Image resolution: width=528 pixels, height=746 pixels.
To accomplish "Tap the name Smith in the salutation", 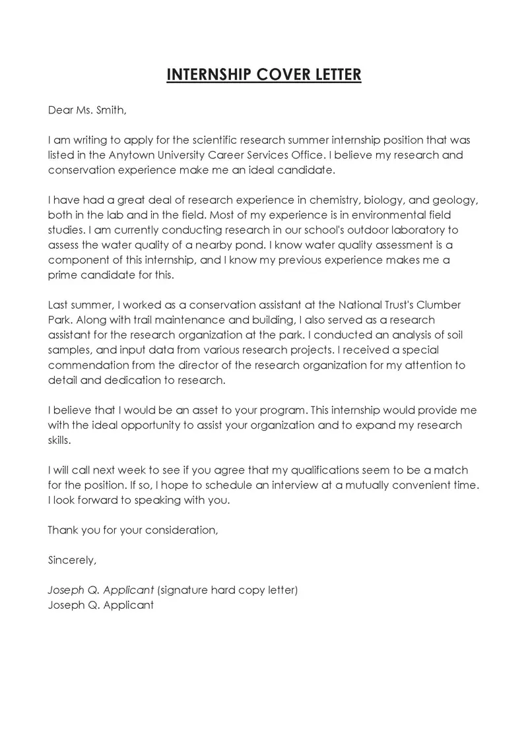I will click(110, 110).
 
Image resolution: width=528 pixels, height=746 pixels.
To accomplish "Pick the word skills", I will click(59, 440).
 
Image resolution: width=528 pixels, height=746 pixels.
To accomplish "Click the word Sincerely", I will click(72, 560).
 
